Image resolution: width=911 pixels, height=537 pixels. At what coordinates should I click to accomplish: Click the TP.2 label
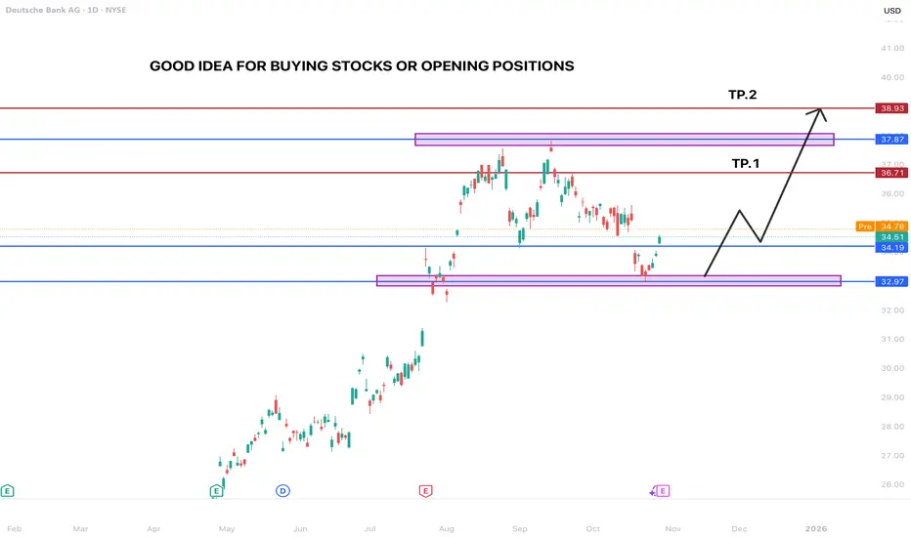click(743, 95)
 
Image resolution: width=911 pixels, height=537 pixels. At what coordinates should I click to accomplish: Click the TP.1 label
click(748, 163)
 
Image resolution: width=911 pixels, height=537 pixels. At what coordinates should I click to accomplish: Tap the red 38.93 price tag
click(890, 108)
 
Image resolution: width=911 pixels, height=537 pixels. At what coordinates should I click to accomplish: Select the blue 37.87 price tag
click(890, 140)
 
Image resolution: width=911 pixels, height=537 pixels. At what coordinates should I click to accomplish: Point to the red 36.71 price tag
click(890, 173)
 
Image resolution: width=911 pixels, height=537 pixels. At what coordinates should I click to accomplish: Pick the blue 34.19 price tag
click(890, 247)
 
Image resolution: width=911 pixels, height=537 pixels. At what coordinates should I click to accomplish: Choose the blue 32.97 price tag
click(890, 281)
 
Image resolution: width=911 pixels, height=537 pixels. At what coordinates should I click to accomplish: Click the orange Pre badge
click(864, 226)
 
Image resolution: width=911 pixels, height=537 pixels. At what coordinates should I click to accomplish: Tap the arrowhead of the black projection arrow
click(821, 110)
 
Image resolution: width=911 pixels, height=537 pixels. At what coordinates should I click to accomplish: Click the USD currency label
click(890, 12)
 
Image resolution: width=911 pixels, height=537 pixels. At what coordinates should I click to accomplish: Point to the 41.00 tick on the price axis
click(890, 48)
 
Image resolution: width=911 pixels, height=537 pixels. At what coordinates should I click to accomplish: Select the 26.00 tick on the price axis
click(890, 485)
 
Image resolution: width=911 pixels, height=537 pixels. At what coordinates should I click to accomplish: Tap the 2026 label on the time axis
click(816, 527)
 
